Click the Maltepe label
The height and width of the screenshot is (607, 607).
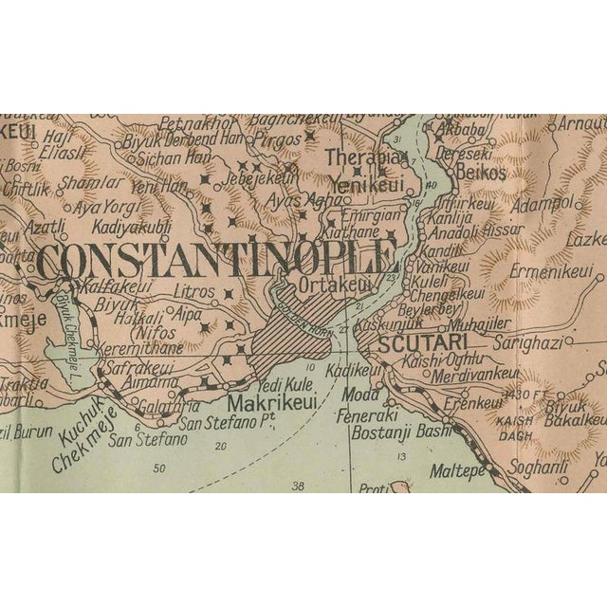tap(460, 469)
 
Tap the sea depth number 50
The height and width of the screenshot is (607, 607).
tap(158, 468)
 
